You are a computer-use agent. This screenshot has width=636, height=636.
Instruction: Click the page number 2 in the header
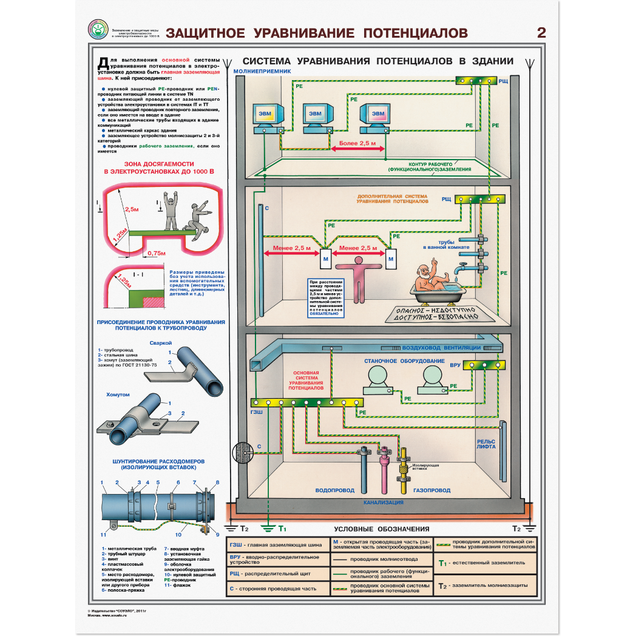(541, 33)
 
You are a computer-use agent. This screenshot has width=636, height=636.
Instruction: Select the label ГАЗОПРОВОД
(431, 490)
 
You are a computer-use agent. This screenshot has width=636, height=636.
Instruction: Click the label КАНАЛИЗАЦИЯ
(384, 502)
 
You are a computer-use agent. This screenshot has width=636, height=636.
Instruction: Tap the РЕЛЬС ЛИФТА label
(486, 444)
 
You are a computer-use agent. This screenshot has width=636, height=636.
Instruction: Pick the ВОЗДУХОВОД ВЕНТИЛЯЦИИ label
(441, 348)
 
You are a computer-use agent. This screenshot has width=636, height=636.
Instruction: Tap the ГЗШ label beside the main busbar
(257, 411)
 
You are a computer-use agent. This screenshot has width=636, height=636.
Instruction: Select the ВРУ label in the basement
(455, 366)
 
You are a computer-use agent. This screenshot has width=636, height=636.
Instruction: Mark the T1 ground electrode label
(282, 529)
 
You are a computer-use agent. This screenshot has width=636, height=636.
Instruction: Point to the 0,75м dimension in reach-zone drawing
(156, 253)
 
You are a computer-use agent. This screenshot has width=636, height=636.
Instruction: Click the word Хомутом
(118, 394)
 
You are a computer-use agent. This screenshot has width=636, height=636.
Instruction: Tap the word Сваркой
(161, 343)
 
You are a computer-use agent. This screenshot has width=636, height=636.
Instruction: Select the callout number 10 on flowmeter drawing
(178, 535)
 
